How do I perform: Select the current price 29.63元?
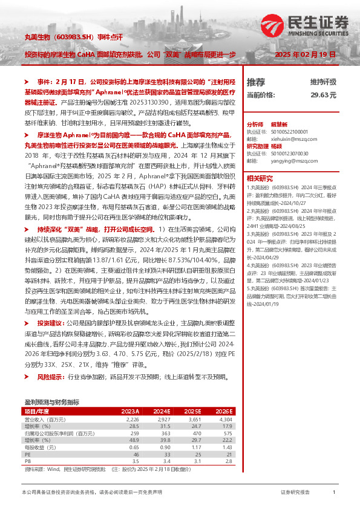click(x=323, y=96)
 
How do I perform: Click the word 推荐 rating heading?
click(x=257, y=82)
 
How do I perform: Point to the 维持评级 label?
click(x=323, y=82)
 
